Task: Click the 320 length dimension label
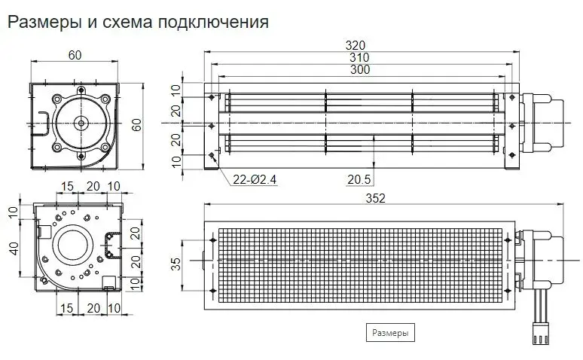coord(356,45)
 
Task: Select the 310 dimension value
coord(359,58)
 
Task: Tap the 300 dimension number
coord(360,69)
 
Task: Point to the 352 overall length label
coord(375,198)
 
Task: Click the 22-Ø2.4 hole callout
coord(255,180)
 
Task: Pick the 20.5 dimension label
coord(359,180)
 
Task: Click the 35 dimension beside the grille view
coord(176,264)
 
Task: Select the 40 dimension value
coord(14,249)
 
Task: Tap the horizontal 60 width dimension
coord(75,55)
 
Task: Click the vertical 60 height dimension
coord(136,125)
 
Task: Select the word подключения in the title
coord(212,23)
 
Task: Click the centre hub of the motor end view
coord(81,123)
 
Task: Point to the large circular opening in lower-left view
coord(72,247)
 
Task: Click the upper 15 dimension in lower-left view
coord(67,186)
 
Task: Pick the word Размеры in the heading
coord(44,23)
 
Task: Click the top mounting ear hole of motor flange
coord(81,90)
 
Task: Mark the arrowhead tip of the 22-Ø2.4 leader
coord(212,154)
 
